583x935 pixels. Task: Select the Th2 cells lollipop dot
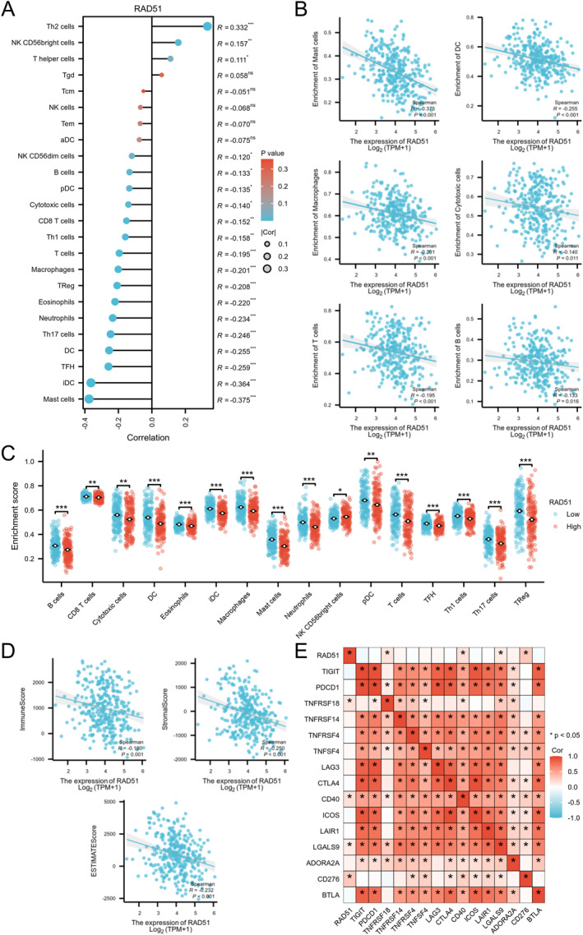tap(207, 27)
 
